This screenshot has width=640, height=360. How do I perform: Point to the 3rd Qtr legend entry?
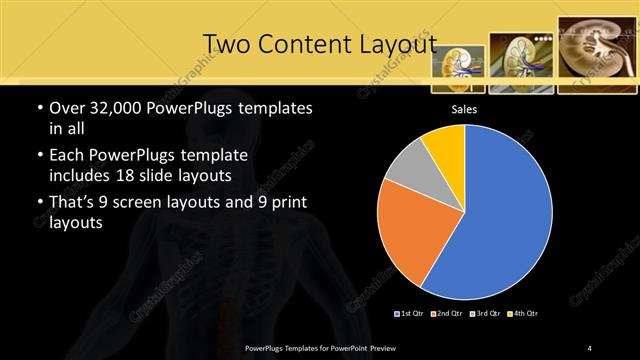pyautogui.click(x=483, y=314)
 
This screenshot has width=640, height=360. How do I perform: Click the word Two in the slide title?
pyautogui.click(x=226, y=44)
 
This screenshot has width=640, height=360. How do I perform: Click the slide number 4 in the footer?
pyautogui.click(x=590, y=347)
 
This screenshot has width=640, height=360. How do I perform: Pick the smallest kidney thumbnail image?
pyautogui.click(x=458, y=65)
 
